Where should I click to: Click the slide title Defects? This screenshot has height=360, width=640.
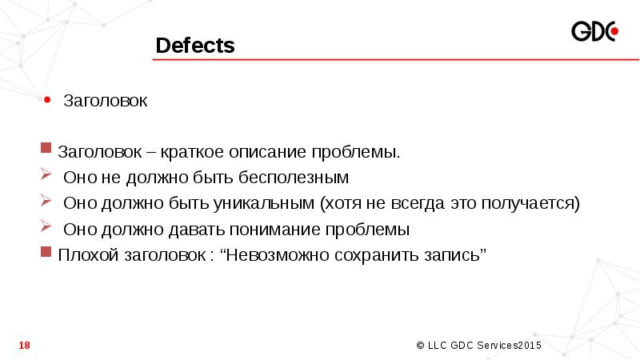[x=195, y=46]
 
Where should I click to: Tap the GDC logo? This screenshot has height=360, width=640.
[x=595, y=32]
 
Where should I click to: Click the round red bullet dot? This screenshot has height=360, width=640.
[x=47, y=101]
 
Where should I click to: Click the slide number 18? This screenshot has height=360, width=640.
[x=24, y=345]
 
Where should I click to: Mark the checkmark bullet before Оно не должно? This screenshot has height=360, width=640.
[x=46, y=175]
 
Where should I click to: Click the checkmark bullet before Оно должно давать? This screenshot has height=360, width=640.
[x=46, y=227]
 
